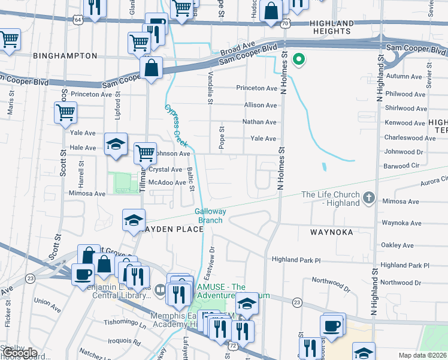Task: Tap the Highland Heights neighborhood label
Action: [331, 26]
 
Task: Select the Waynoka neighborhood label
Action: [332, 231]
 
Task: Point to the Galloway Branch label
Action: [210, 215]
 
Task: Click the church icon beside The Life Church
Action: [369, 197]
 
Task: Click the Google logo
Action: [20, 352]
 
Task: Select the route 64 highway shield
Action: [78, 20]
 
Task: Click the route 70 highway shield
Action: [285, 23]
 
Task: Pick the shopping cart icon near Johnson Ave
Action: [144, 153]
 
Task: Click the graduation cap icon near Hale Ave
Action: [116, 144]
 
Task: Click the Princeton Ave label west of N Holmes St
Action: [256, 88]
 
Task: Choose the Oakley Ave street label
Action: [398, 245]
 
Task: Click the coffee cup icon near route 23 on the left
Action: [83, 275]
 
